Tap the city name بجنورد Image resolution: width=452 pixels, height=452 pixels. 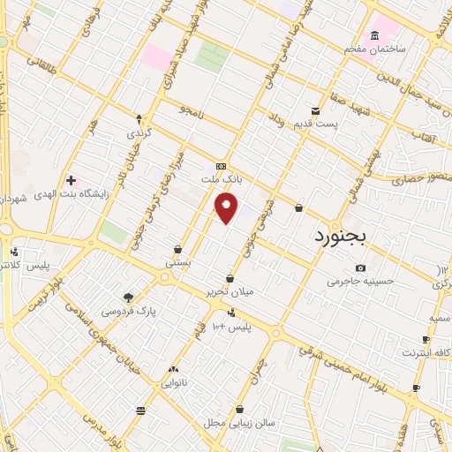(x=345, y=237)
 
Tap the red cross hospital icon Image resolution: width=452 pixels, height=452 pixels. (x=71, y=180)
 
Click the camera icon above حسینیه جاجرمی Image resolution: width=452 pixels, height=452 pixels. (x=360, y=268)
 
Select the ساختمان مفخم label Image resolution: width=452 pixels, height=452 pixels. (x=376, y=48)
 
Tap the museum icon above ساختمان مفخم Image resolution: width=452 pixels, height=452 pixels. (x=375, y=35)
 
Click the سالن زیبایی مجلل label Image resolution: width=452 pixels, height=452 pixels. (x=241, y=423)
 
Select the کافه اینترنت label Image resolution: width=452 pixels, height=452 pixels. (x=426, y=353)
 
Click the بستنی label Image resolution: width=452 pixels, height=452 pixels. (x=177, y=263)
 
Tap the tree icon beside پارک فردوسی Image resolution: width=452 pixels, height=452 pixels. (x=129, y=298)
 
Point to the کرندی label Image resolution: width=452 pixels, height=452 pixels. (x=139, y=134)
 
